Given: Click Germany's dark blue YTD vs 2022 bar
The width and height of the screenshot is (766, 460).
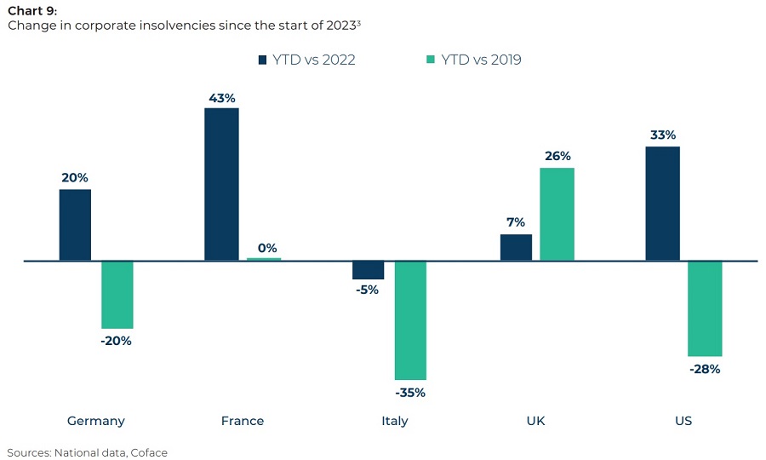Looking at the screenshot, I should pyautogui.click(x=75, y=225).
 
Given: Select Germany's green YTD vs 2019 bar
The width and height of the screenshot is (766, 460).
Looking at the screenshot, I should pyautogui.click(x=117, y=295).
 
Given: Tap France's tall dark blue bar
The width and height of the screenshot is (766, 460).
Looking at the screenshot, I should pyautogui.click(x=221, y=184).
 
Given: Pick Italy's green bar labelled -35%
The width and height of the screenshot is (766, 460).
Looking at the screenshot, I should pyautogui.click(x=410, y=320).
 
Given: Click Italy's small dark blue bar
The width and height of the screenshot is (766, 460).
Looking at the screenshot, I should pyautogui.click(x=369, y=270).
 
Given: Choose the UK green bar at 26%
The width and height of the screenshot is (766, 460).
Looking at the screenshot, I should pyautogui.click(x=557, y=214).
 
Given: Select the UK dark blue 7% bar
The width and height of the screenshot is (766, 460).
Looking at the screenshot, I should pyautogui.click(x=516, y=247).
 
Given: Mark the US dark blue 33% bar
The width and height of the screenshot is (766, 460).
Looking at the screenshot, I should pyautogui.click(x=662, y=204).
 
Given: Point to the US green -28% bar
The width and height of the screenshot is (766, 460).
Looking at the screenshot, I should pyautogui.click(x=705, y=308).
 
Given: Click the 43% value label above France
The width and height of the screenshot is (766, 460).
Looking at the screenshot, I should pyautogui.click(x=221, y=98).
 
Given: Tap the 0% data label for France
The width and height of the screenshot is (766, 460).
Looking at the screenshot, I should pyautogui.click(x=267, y=248).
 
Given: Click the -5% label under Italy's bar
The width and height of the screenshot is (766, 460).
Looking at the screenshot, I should pyautogui.click(x=369, y=290).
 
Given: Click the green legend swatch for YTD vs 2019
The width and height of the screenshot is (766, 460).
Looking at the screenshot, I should pyautogui.click(x=431, y=60).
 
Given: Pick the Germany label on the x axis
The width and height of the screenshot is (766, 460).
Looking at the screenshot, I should pyautogui.click(x=96, y=421).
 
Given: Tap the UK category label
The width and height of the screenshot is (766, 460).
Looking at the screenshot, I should pyautogui.click(x=536, y=421).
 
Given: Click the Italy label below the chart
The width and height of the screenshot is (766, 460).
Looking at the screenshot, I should pyautogui.click(x=395, y=421).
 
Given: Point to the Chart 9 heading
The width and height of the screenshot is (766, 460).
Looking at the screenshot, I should pyautogui.click(x=31, y=10).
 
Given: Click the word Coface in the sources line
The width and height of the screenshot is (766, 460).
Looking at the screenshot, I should pyautogui.click(x=149, y=452).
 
